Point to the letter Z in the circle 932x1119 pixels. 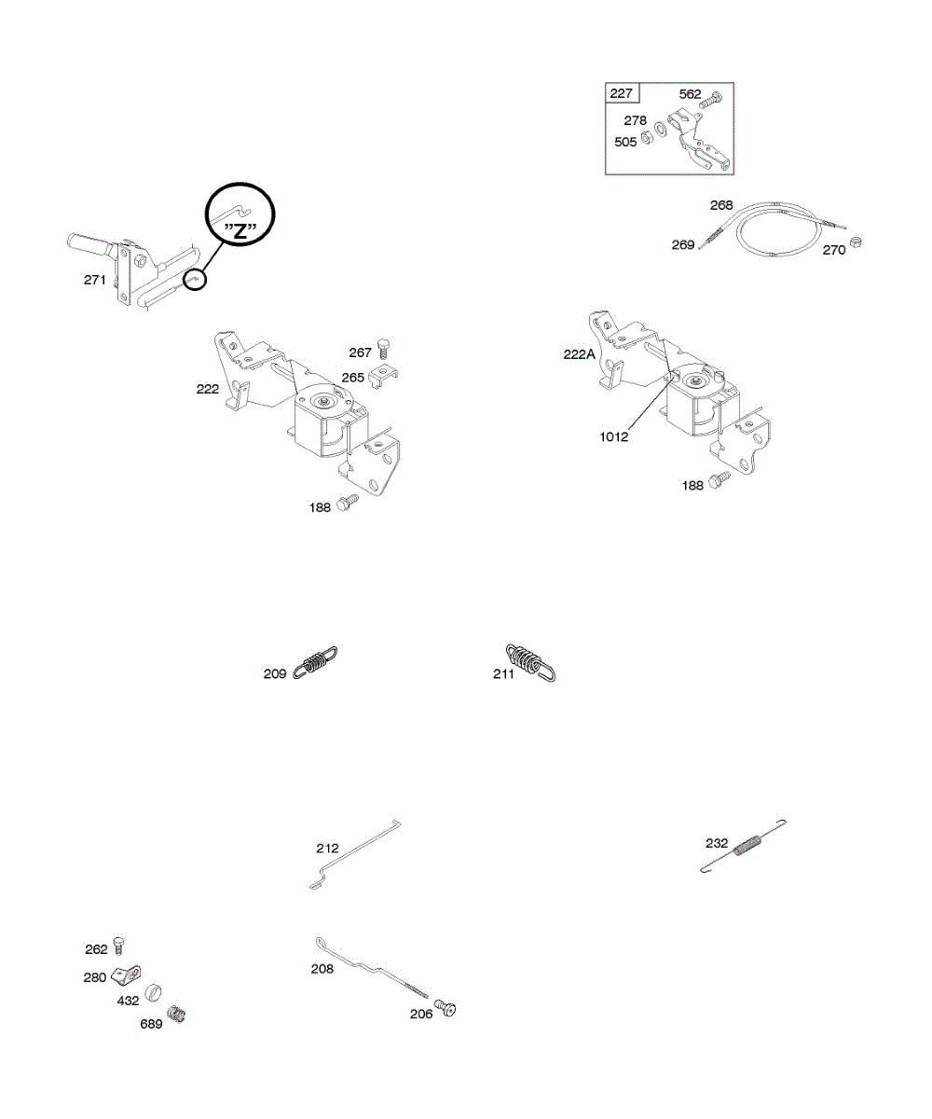240,231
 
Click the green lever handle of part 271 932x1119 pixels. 89,245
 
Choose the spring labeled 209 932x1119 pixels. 315,663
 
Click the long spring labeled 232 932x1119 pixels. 747,847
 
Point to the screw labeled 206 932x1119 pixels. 445,1009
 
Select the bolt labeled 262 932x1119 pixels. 119,945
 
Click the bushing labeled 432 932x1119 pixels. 153,989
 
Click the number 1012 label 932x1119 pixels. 614,435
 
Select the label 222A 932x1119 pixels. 580,354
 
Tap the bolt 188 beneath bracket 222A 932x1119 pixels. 719,481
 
